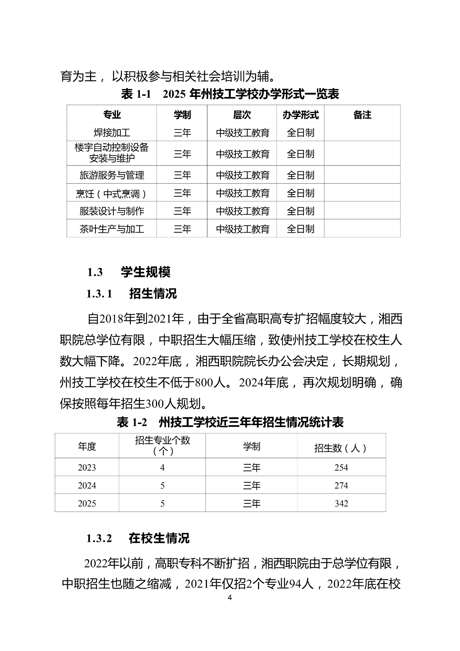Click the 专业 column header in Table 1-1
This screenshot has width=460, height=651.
(x=112, y=115)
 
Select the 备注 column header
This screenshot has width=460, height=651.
(x=362, y=115)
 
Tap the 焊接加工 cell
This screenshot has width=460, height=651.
(x=112, y=133)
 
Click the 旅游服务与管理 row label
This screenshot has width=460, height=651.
(x=112, y=175)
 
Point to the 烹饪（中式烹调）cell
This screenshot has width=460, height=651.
(x=111, y=194)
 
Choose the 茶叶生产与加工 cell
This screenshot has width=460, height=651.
(x=112, y=229)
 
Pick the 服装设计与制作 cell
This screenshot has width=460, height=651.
(x=112, y=211)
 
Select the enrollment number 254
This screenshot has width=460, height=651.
(x=341, y=467)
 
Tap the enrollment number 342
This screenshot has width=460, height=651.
(x=341, y=503)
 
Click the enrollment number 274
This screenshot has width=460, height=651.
(x=341, y=485)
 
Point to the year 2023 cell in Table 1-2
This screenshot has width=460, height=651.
(x=87, y=467)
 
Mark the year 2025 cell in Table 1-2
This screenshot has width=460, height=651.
(x=87, y=503)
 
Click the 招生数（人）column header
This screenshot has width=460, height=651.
(x=340, y=448)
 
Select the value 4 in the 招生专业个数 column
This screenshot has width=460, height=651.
(x=163, y=467)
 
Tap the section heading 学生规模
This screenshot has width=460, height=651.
(x=146, y=272)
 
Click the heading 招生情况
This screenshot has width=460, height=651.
(x=153, y=294)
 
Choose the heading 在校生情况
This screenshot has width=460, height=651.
(x=159, y=538)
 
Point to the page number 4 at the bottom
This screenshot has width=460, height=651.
(x=230, y=597)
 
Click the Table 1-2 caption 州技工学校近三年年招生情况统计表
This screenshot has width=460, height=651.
(x=251, y=422)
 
